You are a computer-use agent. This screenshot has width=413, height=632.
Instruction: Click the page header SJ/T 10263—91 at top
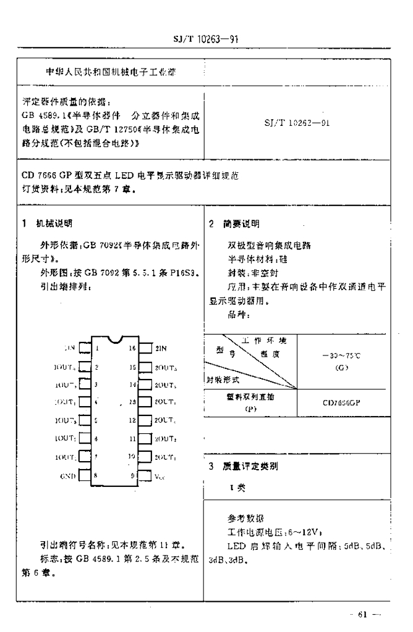206,39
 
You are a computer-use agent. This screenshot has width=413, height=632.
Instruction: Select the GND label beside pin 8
68,476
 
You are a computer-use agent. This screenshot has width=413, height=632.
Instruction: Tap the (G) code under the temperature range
341,368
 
